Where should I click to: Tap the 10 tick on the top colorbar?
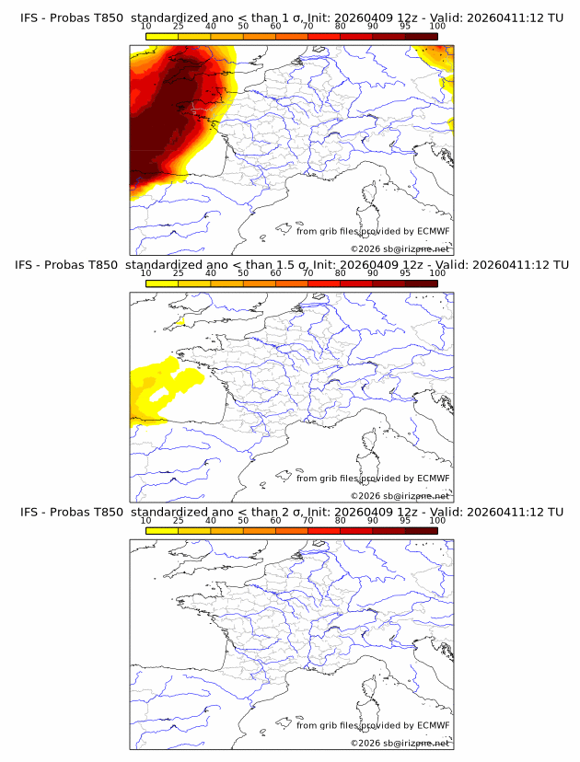pyautogui.click(x=146, y=27)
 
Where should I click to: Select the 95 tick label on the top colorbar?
pyautogui.click(x=405, y=27)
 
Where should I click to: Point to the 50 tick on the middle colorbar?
pyautogui.click(x=243, y=273)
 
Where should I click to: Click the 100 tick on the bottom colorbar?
pyautogui.click(x=437, y=520)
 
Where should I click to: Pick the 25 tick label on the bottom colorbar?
pyautogui.click(x=179, y=520)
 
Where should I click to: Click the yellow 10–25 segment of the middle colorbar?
pyautogui.click(x=162, y=283)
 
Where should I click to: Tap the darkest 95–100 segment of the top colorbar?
pyautogui.click(x=421, y=37)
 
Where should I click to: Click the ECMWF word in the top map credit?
pyautogui.click(x=434, y=232)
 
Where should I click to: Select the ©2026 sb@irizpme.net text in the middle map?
pyautogui.click(x=400, y=496)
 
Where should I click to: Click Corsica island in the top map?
pyautogui.click(x=371, y=194)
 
